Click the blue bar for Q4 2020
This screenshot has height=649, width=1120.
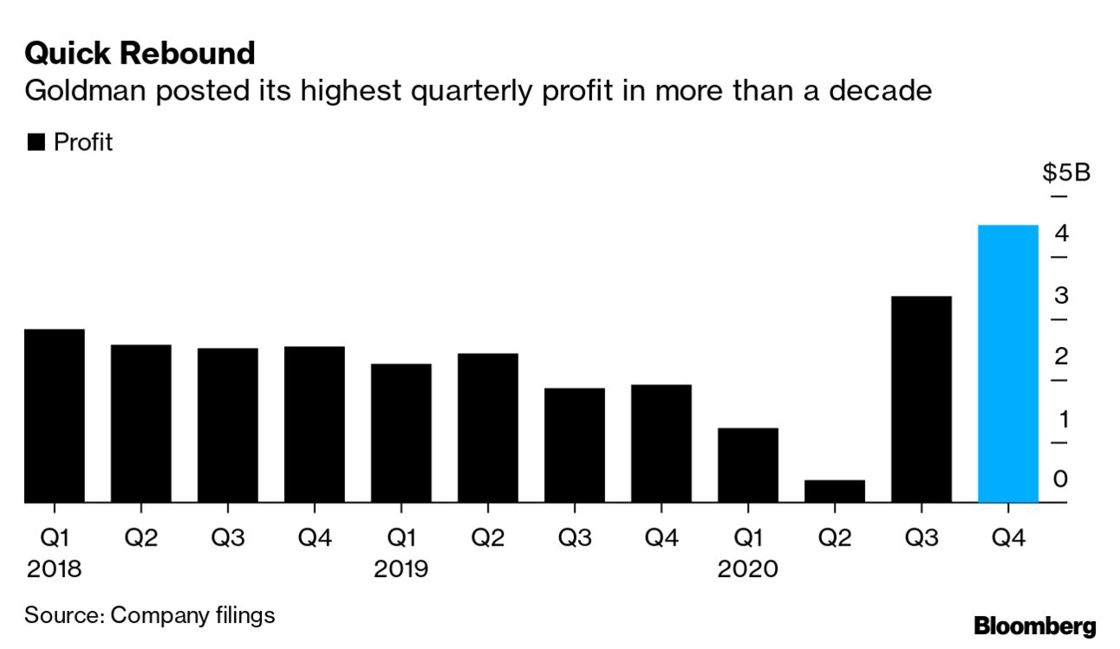pyautogui.click(x=1007, y=364)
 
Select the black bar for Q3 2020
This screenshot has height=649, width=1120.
pyautogui.click(x=921, y=399)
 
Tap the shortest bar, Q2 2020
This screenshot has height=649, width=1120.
pyautogui.click(x=834, y=491)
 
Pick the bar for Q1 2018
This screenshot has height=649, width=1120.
pyautogui.click(x=54, y=416)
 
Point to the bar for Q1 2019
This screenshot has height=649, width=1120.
pyautogui.click(x=400, y=433)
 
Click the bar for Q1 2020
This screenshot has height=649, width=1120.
pyautogui.click(x=747, y=465)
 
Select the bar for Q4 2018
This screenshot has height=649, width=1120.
pyautogui.click(x=314, y=424)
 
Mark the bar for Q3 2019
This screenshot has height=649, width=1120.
pyautogui.click(x=574, y=445)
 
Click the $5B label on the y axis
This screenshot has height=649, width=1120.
pyautogui.click(x=1065, y=173)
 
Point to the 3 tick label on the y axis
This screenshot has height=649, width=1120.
pyautogui.click(x=1061, y=296)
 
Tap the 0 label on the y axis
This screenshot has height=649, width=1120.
pyautogui.click(x=1061, y=479)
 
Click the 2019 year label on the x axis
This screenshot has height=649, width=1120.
pyautogui.click(x=401, y=569)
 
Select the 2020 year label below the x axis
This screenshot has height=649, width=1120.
pyautogui.click(x=748, y=569)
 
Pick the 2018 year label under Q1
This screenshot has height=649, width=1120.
pyautogui.click(x=55, y=569)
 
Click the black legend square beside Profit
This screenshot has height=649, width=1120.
pyautogui.click(x=36, y=143)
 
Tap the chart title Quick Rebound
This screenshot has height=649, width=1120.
pyautogui.click(x=140, y=54)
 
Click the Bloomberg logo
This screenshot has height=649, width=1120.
pyautogui.click(x=1034, y=626)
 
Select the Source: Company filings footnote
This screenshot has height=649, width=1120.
pyautogui.click(x=149, y=615)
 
